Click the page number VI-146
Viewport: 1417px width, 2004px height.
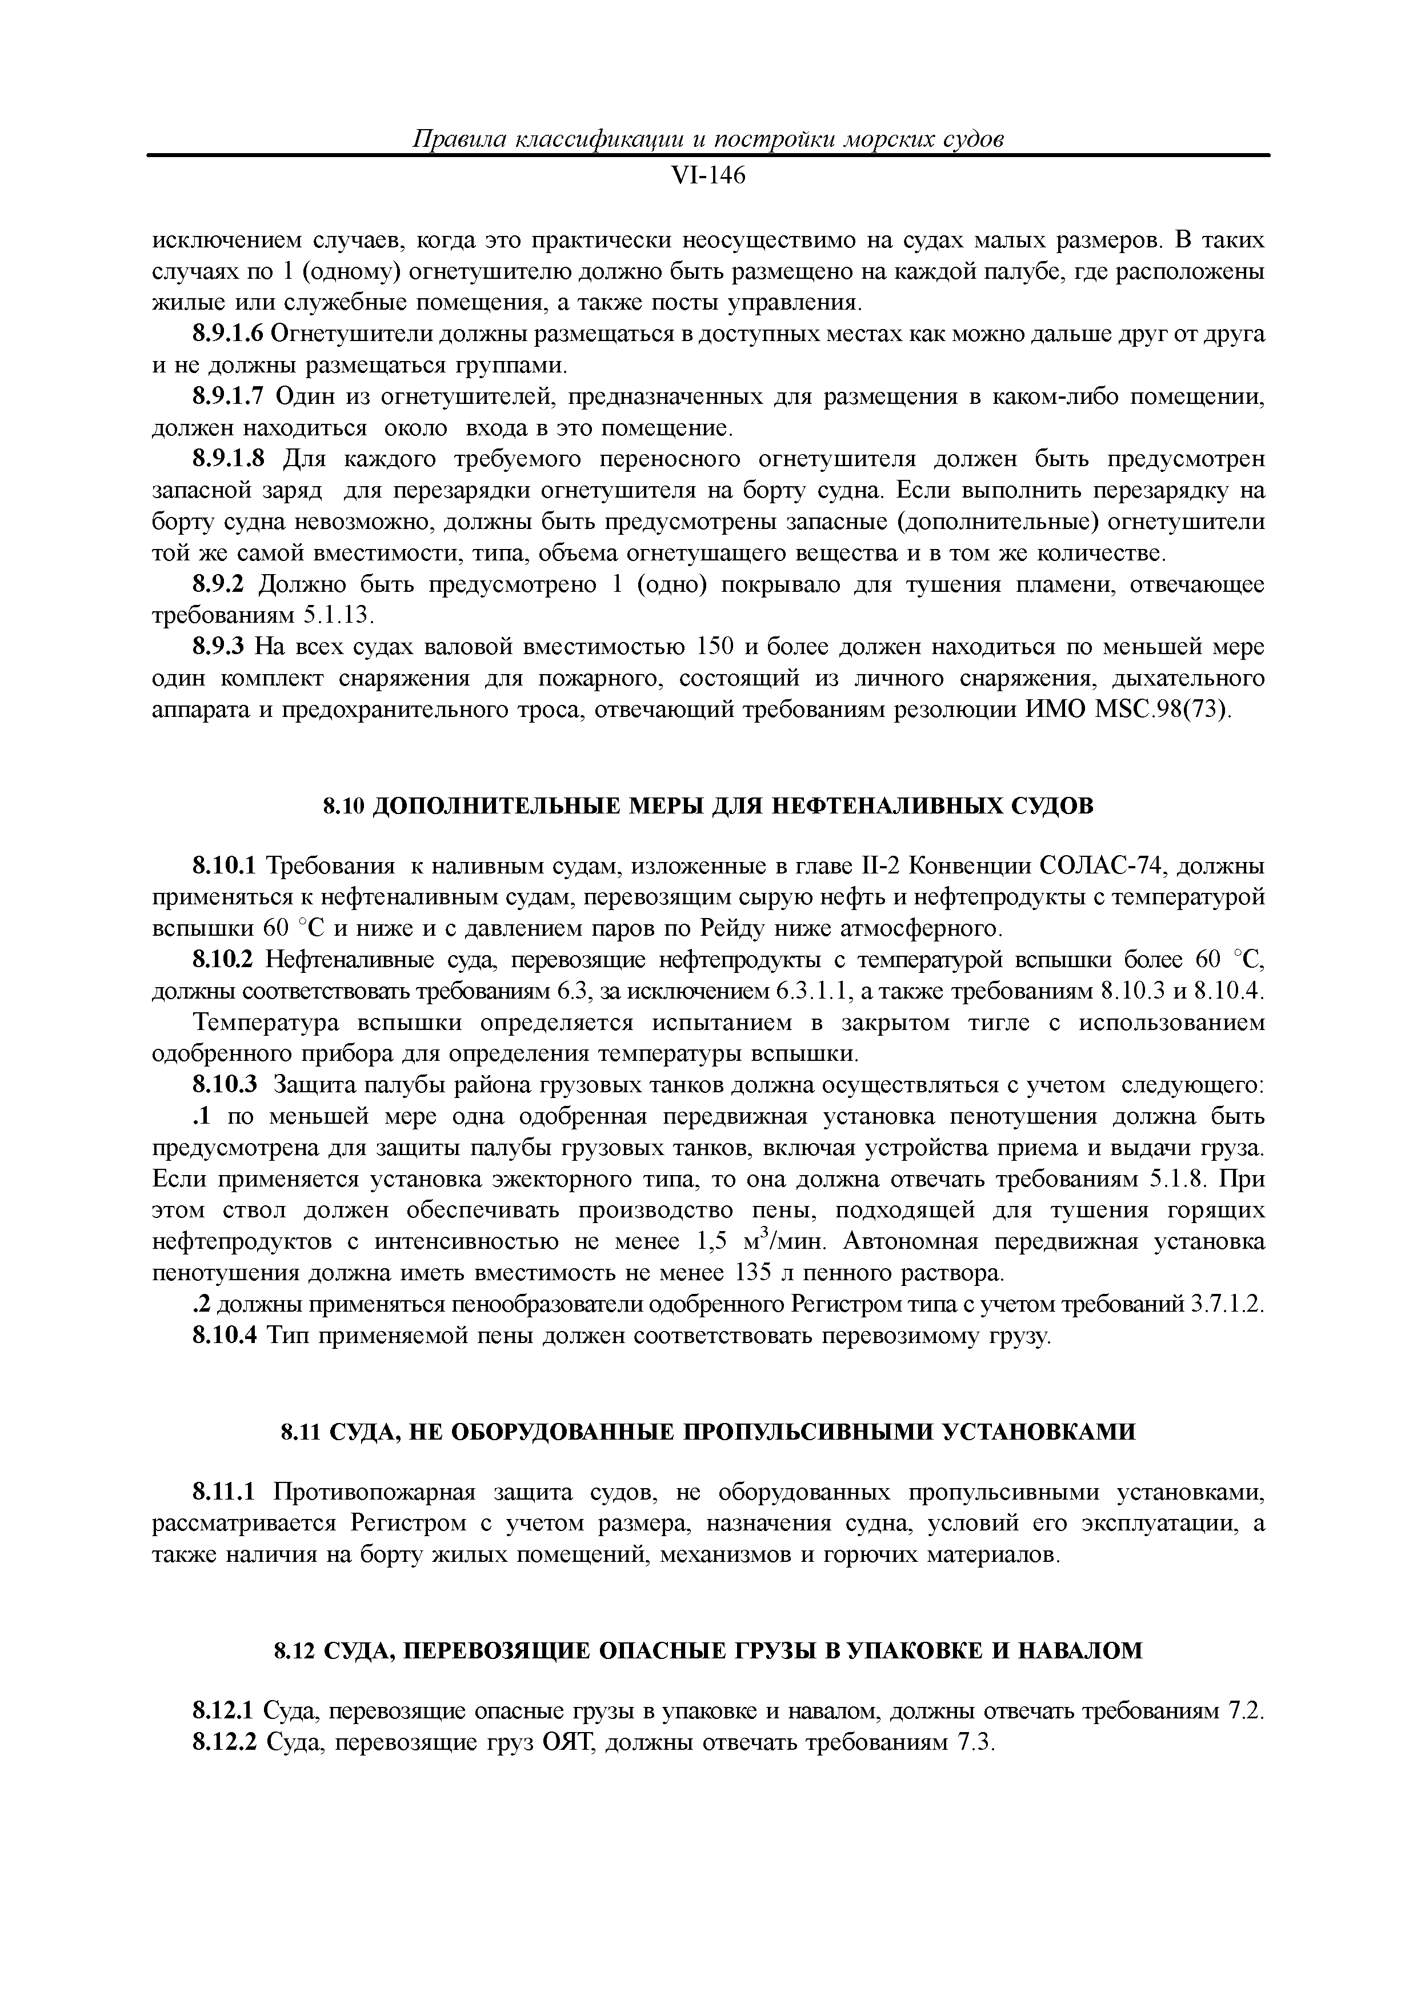(x=708, y=177)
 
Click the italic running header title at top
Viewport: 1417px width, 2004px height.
(x=708, y=139)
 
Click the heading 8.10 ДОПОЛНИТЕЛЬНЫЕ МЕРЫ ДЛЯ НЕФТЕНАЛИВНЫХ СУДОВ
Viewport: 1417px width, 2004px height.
(x=708, y=807)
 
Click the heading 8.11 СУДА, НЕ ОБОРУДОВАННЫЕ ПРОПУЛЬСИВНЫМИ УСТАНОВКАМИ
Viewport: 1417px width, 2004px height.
(x=708, y=1432)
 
